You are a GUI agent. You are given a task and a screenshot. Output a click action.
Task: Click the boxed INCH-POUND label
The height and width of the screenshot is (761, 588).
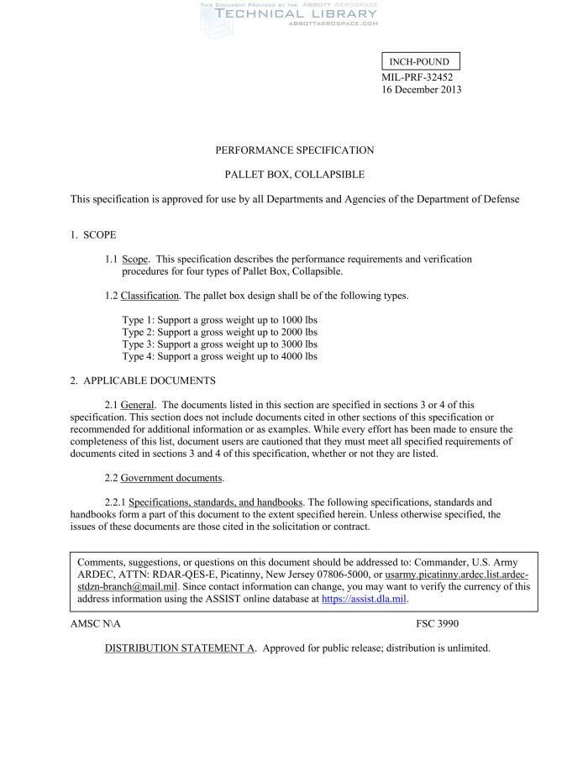click(420, 61)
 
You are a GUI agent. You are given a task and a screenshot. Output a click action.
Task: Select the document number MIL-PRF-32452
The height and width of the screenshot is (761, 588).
click(417, 76)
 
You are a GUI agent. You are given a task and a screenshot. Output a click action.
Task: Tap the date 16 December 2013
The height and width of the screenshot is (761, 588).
click(422, 90)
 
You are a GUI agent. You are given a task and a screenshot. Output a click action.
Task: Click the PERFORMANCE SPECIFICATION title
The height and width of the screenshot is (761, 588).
click(294, 150)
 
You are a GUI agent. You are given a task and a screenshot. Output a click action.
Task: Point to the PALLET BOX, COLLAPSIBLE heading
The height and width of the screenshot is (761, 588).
click(294, 175)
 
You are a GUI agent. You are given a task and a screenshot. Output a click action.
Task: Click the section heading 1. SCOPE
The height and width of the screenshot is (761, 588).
click(93, 234)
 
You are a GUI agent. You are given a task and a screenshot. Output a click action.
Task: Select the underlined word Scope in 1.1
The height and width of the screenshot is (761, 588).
click(135, 259)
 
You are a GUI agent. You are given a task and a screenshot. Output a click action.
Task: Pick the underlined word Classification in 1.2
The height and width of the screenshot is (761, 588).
click(150, 296)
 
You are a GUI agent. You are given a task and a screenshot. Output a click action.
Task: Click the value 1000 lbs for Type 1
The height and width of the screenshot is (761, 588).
click(299, 321)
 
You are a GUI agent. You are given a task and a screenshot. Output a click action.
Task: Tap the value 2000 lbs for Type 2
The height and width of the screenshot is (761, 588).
click(299, 333)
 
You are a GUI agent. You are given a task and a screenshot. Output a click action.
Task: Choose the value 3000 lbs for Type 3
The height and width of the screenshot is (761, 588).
click(299, 344)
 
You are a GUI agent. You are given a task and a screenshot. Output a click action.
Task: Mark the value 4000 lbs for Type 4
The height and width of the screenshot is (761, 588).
click(299, 356)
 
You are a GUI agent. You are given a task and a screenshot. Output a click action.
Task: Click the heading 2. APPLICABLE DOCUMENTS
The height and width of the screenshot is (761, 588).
click(143, 380)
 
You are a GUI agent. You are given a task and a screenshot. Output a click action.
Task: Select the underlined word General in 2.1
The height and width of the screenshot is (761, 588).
click(137, 405)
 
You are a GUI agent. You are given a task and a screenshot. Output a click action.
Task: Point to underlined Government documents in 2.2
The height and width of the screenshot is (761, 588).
click(172, 478)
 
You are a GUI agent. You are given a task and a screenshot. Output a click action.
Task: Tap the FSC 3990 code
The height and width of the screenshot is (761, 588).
click(437, 624)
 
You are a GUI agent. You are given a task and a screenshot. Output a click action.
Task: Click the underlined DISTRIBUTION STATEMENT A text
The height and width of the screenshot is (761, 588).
click(181, 648)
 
